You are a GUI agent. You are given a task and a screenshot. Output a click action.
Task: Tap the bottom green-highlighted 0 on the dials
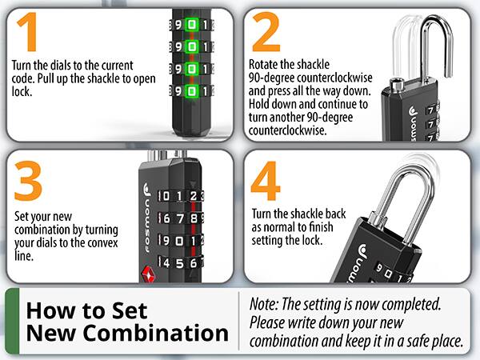tap(192, 92)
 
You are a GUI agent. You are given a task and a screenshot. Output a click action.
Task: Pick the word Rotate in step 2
tap(267, 63)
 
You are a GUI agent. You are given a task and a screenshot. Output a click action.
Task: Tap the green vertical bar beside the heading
tap(11, 321)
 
